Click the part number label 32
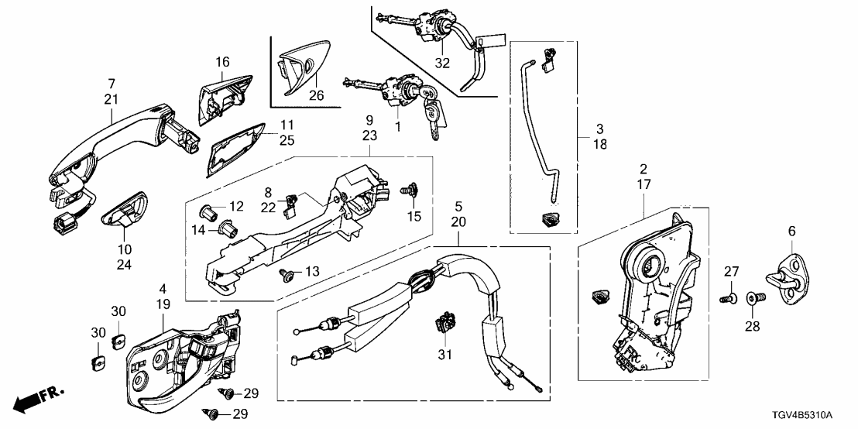[442, 63]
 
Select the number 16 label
[223, 62]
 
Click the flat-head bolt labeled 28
[753, 297]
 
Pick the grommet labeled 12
[208, 209]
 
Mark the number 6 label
[791, 231]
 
